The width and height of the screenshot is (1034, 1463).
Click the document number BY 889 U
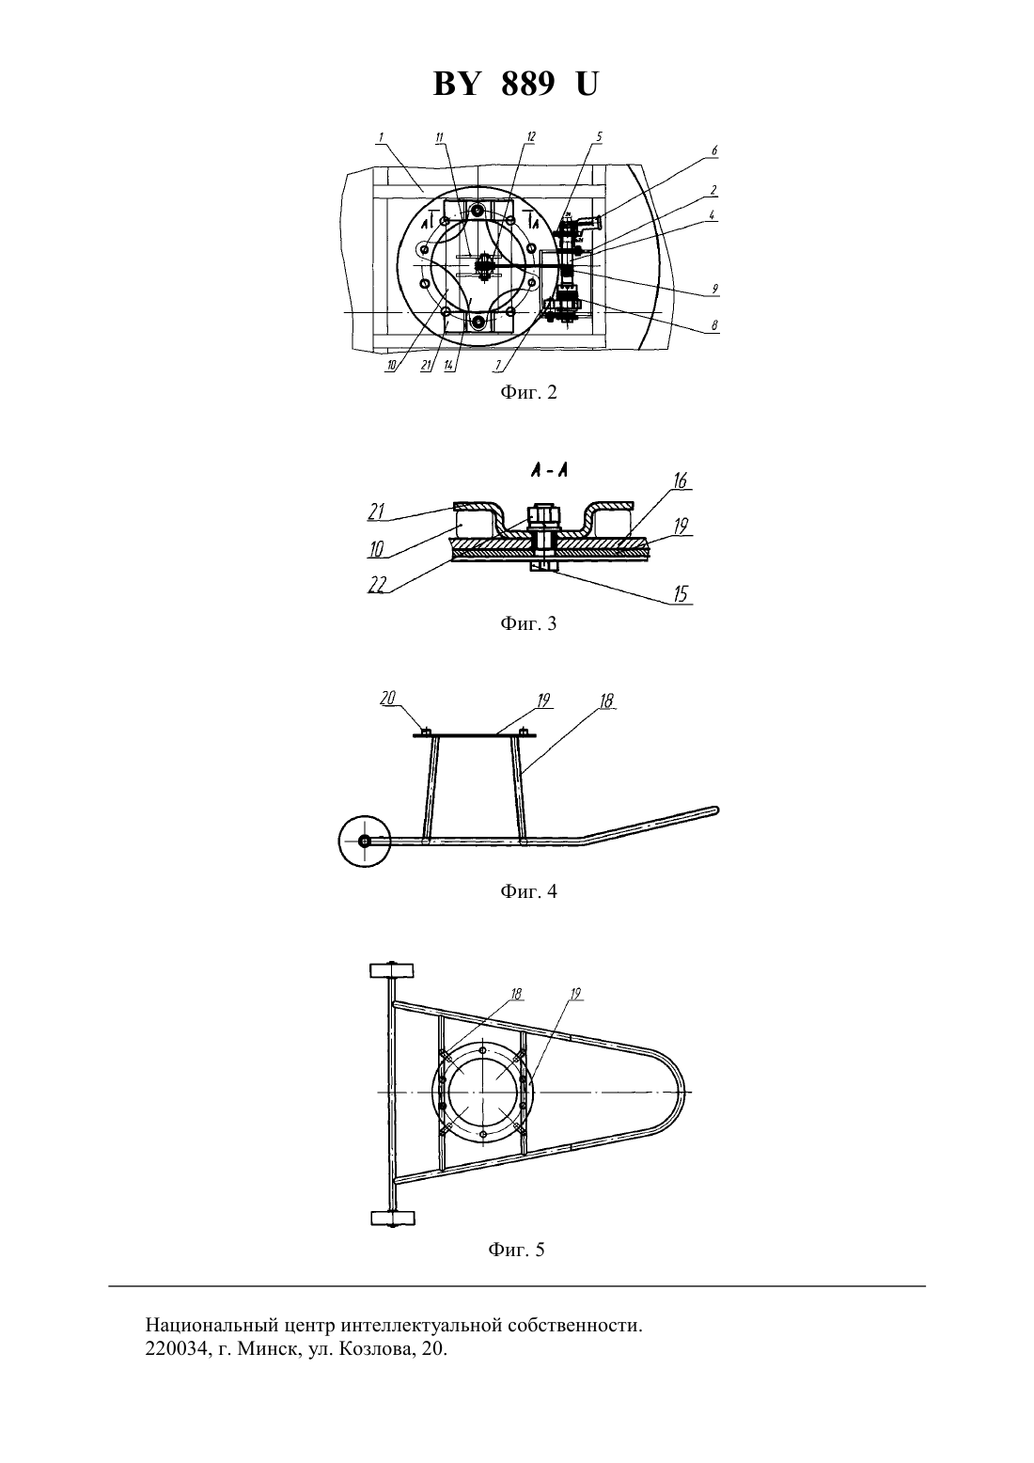pyautogui.click(x=515, y=84)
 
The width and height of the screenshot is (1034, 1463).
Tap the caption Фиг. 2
pyautogui.click(x=528, y=392)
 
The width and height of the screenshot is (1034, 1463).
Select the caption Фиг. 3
pyautogui.click(x=528, y=623)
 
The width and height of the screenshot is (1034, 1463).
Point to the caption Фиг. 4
pyautogui.click(x=528, y=890)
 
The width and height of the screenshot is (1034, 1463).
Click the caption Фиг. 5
pyautogui.click(x=516, y=1250)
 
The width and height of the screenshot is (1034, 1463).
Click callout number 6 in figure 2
pyautogui.click(x=714, y=150)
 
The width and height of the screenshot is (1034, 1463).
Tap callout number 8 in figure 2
pyautogui.click(x=714, y=324)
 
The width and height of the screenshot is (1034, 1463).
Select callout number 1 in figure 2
pyautogui.click(x=380, y=137)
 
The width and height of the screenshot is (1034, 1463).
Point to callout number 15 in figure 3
pyautogui.click(x=681, y=593)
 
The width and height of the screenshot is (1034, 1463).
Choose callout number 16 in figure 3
pyautogui.click(x=680, y=480)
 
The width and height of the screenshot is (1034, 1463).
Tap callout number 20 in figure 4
pyautogui.click(x=387, y=699)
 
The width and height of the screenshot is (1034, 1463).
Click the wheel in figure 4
pyautogui.click(x=365, y=842)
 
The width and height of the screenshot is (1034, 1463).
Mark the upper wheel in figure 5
pyautogui.click(x=392, y=970)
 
